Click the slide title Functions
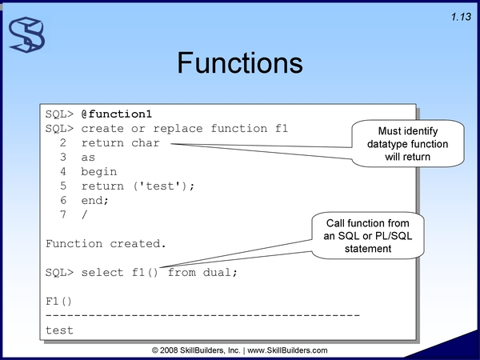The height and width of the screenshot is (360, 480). pyautogui.click(x=240, y=63)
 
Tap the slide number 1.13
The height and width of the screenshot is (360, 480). pyautogui.click(x=461, y=17)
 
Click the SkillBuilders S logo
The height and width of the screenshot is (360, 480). pyautogui.click(x=27, y=34)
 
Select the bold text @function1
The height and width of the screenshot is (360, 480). pyautogui.click(x=117, y=114)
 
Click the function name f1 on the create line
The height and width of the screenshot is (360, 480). pyautogui.click(x=282, y=128)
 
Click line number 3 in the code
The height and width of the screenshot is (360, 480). pyautogui.click(x=63, y=157)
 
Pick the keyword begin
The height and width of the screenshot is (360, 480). pyautogui.click(x=99, y=172)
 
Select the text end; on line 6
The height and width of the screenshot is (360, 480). pyautogui.click(x=95, y=201)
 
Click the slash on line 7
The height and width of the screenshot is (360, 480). pyautogui.click(x=85, y=214)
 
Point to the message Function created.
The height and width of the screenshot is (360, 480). pyautogui.click(x=106, y=244)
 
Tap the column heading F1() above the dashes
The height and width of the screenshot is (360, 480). pyautogui.click(x=58, y=302)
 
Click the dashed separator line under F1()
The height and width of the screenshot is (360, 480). pyautogui.click(x=202, y=315)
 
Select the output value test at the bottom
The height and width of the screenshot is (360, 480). pyautogui.click(x=59, y=330)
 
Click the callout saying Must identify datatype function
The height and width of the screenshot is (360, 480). pyautogui.click(x=407, y=143)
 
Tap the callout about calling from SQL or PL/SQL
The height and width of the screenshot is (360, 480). pyautogui.click(x=368, y=236)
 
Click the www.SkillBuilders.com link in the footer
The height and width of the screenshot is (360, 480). pyautogui.click(x=287, y=350)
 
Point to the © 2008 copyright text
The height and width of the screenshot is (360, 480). pyautogui.click(x=196, y=350)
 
